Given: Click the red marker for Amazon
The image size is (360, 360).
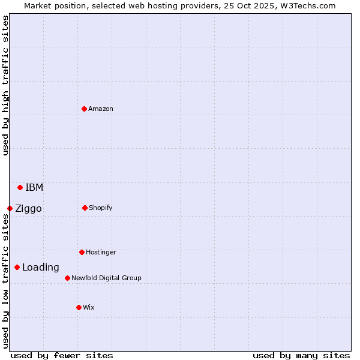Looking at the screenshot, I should coord(84,109).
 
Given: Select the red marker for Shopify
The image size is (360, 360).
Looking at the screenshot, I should coord(85,208).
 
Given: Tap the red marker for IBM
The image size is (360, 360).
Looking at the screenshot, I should coord(20,187).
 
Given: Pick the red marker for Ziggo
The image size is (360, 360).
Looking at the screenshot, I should coord(10,208).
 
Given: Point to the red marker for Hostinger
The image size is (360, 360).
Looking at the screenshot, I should coord(82,252).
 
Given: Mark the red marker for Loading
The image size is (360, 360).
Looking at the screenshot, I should coord(17,267).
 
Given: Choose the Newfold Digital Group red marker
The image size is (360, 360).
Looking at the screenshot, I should coord(67,278).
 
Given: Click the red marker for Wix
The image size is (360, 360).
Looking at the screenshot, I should coord(79,307).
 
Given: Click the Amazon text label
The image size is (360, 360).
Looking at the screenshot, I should coord(101,109).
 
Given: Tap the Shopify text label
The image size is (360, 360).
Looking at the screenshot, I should coord(101,208).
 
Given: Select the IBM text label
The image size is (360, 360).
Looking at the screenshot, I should coord(34,187).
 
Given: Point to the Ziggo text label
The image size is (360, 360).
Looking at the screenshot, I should coord(28,208).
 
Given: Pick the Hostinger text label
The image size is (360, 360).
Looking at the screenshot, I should coord(101,252).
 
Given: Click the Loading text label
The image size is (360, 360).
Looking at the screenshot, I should coord(41,267).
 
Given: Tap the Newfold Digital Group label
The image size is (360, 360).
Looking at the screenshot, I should coord(106,278).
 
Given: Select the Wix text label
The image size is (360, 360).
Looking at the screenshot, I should coord(89,307).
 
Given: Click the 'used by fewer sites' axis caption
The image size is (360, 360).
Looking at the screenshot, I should coord(62,355).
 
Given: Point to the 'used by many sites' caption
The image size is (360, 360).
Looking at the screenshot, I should coord(301,355).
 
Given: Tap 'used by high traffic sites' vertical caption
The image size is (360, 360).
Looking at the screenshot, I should coord(5,85).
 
